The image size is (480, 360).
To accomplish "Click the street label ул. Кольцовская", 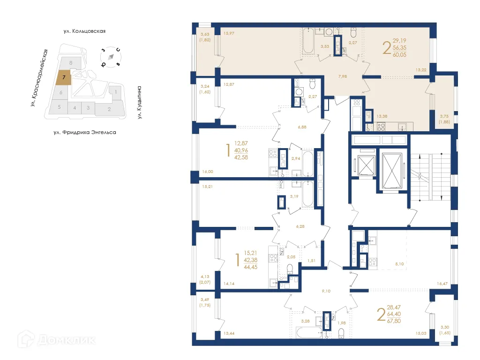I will (x=84, y=31).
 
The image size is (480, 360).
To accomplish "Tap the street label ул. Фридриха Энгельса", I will (x=84, y=133).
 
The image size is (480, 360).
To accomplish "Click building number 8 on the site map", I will (x=70, y=62).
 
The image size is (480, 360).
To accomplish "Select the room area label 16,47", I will (x=442, y=284).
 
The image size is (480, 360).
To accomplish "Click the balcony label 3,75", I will (x=444, y=117).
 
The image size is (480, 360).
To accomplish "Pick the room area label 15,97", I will (x=229, y=33).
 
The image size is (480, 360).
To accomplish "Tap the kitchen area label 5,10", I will (x=399, y=264).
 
